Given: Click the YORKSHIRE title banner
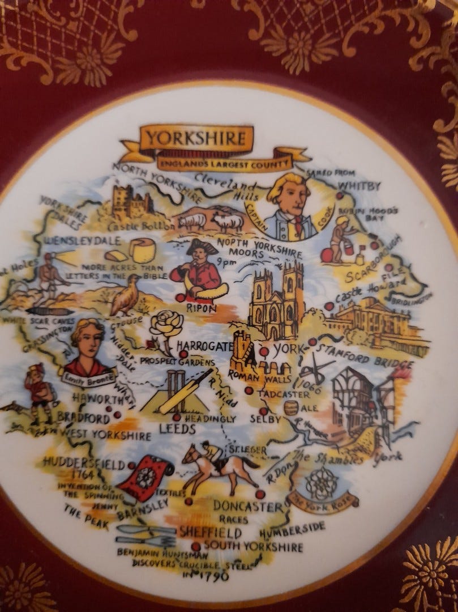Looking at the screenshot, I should (195, 138).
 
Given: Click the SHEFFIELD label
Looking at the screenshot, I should (210, 533).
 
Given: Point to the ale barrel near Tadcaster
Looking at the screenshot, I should (291, 407).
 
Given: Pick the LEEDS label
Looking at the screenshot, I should (177, 428).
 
